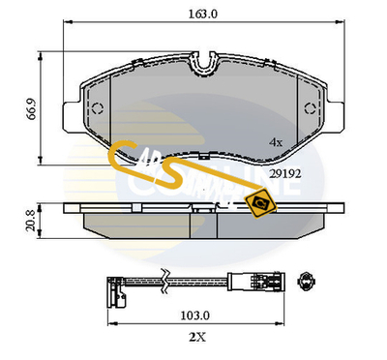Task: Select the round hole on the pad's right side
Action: [312, 106]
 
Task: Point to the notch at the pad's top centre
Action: [203, 69]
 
